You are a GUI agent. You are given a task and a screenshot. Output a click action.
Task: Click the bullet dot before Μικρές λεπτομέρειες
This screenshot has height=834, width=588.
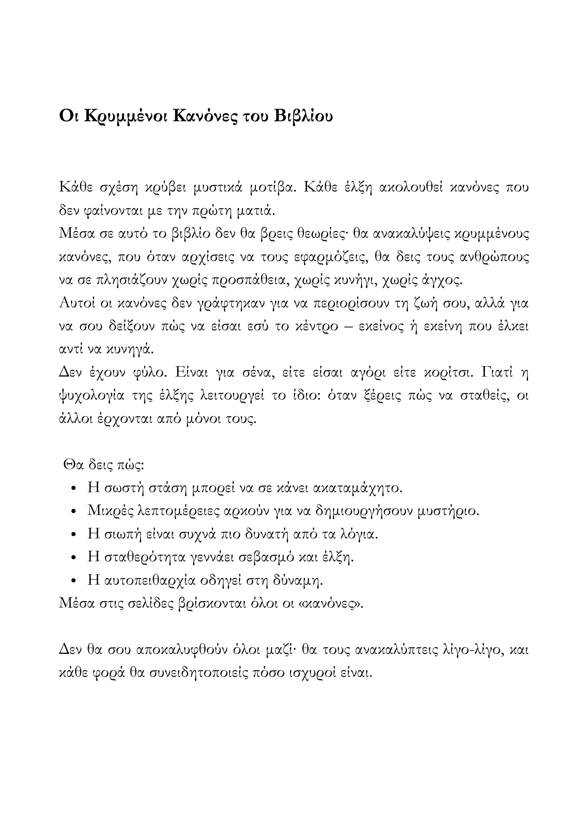pos(74,511)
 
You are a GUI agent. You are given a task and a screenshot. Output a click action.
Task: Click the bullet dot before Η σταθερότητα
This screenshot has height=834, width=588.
pos(74,558)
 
